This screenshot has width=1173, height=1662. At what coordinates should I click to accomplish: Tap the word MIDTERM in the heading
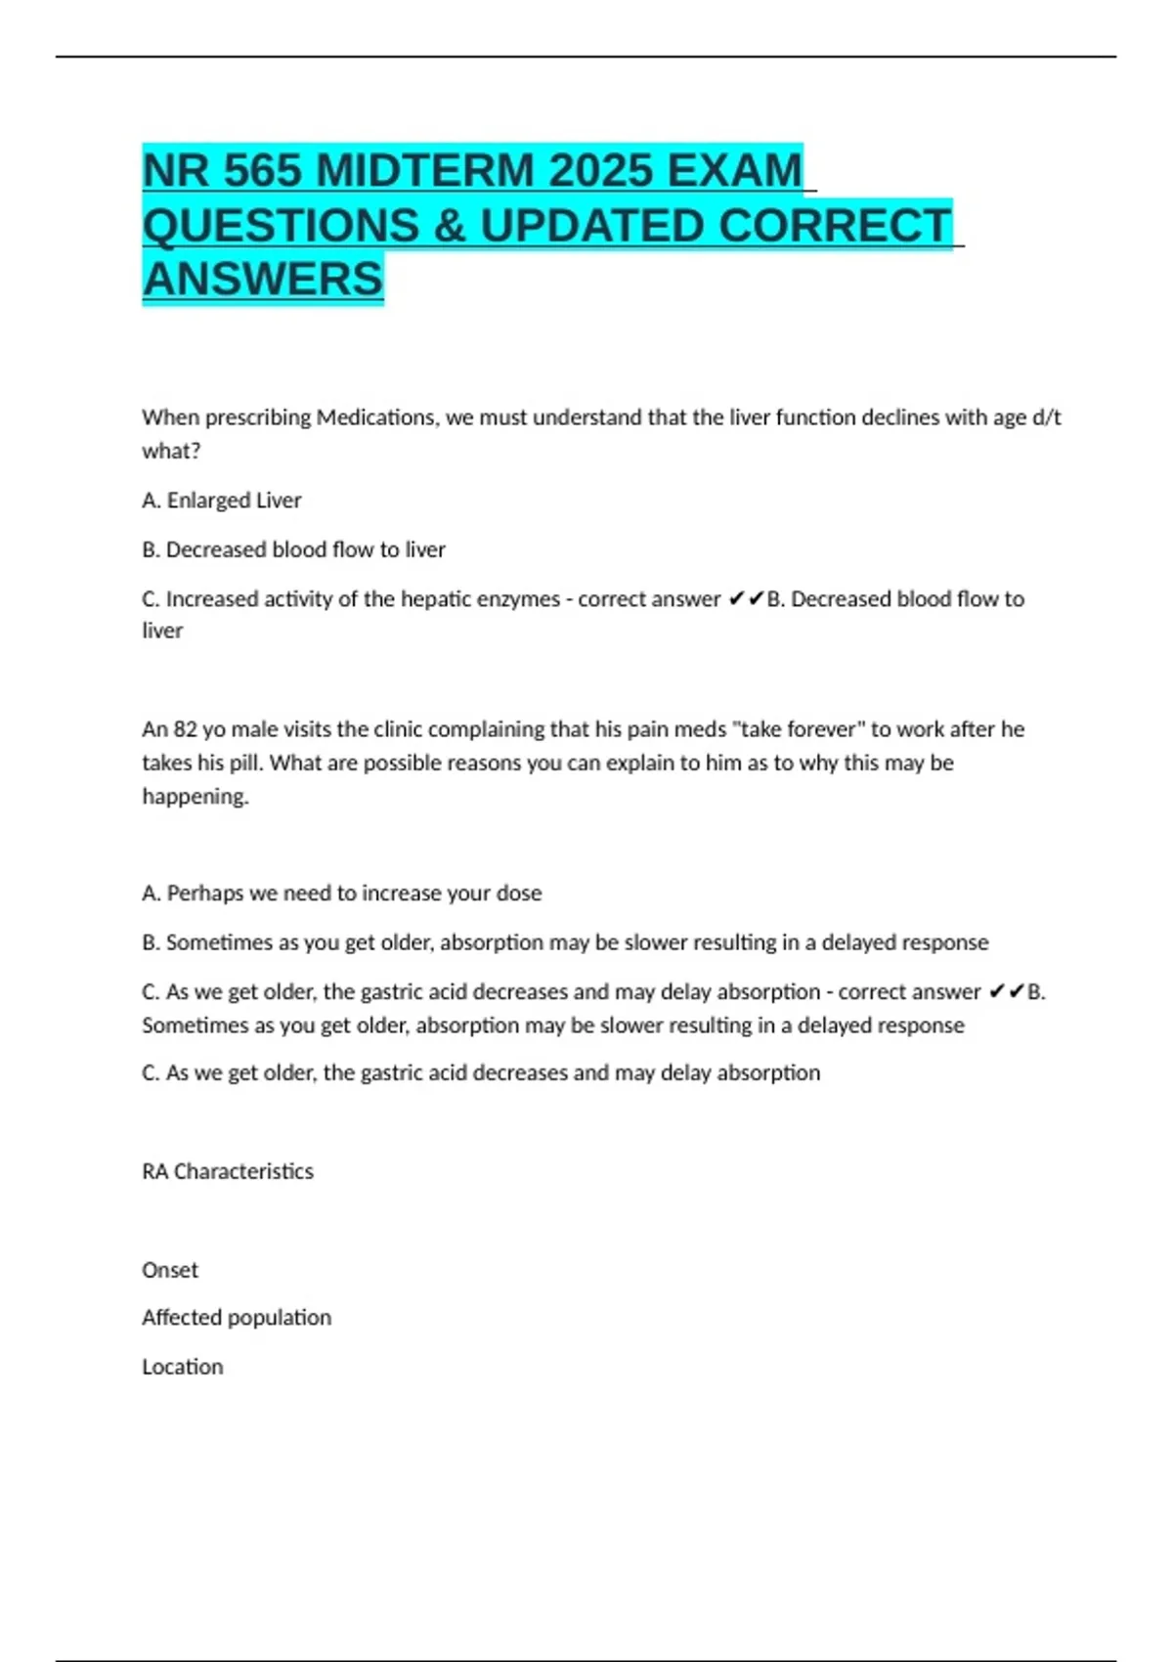[x=425, y=171]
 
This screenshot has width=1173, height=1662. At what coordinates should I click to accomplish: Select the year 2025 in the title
[x=600, y=171]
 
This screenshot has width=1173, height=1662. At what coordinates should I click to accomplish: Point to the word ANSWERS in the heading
[x=263, y=280]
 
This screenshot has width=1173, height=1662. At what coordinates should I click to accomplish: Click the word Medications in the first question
[x=377, y=417]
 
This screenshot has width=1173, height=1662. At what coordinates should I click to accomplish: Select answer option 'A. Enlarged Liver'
[x=222, y=501]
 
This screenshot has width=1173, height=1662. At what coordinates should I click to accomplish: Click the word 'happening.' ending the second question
[x=195, y=797]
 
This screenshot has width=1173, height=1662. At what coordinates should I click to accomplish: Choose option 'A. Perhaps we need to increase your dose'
[x=342, y=894]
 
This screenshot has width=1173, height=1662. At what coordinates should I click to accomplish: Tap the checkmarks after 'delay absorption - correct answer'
[x=1006, y=992]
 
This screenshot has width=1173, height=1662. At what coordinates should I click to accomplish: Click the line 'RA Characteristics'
[x=228, y=1171]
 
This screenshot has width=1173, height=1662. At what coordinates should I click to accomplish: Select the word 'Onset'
[x=170, y=1270]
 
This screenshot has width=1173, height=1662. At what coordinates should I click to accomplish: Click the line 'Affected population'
[x=237, y=1318]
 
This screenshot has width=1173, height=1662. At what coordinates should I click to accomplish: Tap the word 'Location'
[x=183, y=1367]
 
